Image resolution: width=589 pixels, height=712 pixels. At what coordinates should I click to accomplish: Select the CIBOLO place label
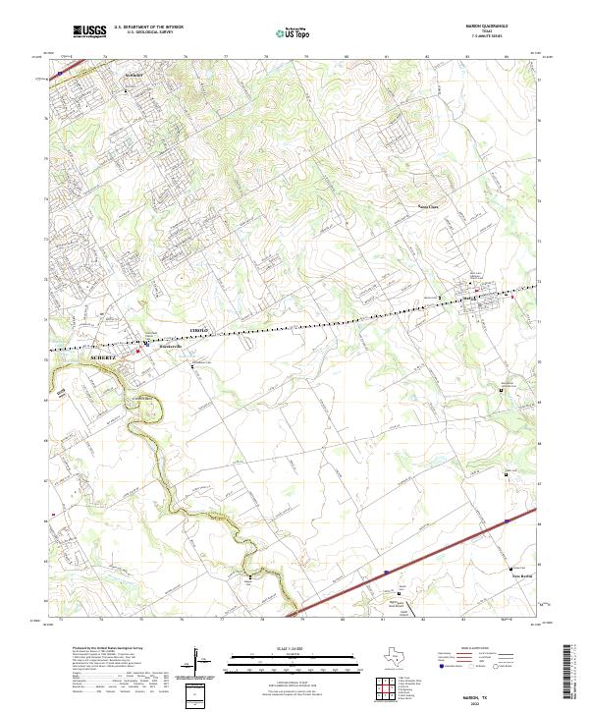(198, 331)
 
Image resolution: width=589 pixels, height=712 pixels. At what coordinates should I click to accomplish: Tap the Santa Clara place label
(430, 206)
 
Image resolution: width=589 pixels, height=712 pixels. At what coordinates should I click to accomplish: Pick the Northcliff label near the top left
(134, 75)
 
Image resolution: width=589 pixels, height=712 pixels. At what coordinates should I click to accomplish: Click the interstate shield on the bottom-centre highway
(386, 571)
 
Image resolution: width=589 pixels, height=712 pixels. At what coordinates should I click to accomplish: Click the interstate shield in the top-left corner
(60, 71)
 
